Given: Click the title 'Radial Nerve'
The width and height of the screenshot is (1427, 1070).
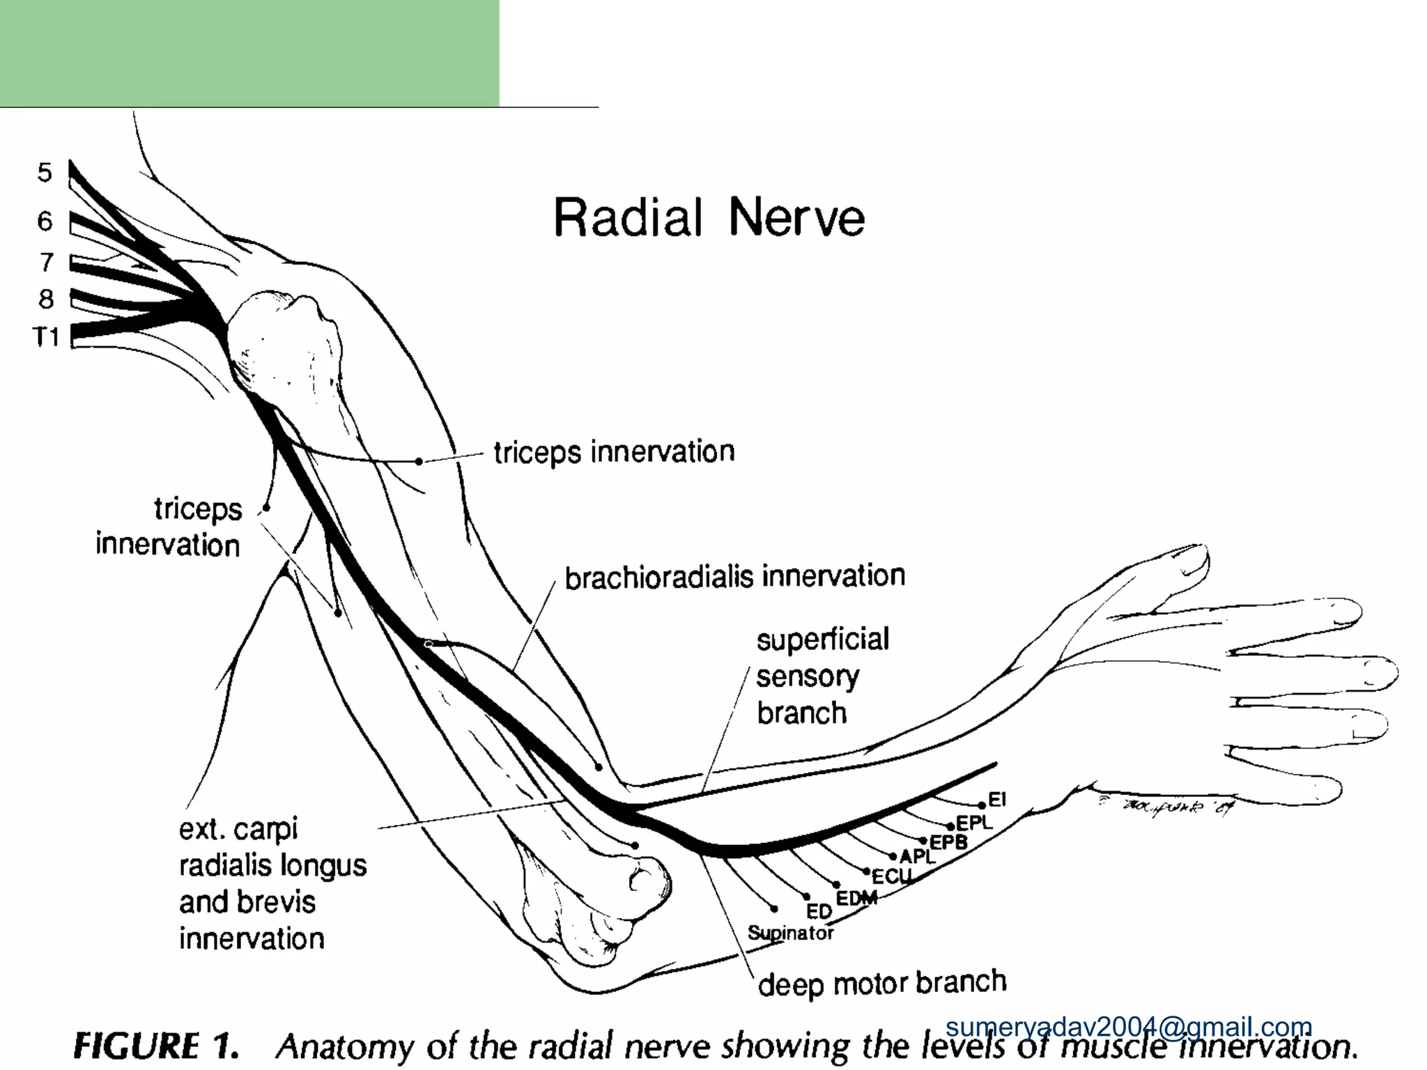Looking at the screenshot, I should (x=709, y=217).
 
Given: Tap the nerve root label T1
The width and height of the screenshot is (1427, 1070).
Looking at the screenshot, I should (x=47, y=338).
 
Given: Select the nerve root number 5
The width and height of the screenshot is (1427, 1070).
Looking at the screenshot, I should (x=45, y=172).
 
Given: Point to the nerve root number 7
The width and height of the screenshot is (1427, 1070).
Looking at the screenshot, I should (x=46, y=262).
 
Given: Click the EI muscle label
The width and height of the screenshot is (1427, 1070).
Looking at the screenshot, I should (x=997, y=800).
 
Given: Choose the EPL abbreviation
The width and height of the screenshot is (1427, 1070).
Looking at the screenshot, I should (x=973, y=823).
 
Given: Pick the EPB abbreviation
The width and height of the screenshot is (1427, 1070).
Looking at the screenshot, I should (x=948, y=842).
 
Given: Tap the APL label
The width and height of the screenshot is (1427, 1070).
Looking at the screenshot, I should (x=917, y=857).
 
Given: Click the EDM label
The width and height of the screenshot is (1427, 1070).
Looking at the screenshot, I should (x=856, y=899).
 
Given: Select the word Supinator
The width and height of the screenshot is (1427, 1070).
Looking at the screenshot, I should (x=790, y=933).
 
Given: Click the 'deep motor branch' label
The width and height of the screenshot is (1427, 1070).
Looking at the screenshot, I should (x=882, y=984).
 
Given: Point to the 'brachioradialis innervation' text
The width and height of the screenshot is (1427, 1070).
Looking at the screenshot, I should (x=734, y=577).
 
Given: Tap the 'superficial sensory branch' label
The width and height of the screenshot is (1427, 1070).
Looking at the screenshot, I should (x=822, y=676).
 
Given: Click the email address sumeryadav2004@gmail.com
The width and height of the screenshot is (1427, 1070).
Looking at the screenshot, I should (x=1129, y=1027).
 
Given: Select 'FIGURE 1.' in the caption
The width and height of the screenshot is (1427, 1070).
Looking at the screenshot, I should (x=156, y=1047).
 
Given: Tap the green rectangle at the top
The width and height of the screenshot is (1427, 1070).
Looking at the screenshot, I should (x=249, y=53).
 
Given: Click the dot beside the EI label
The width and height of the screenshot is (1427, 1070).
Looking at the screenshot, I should (x=982, y=806).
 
